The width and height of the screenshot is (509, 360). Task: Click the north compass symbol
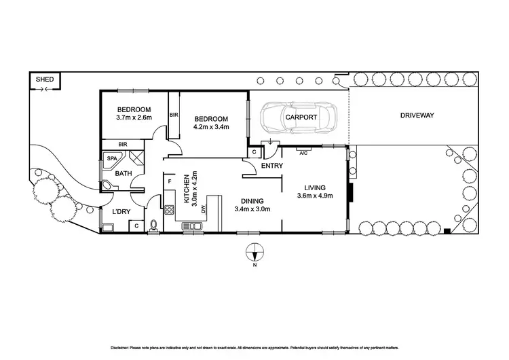[x=254, y=252]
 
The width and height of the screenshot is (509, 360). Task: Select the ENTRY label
[x=272, y=165]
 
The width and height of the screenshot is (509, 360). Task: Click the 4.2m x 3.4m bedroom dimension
[x=211, y=126]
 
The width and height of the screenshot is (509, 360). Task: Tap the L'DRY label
[x=121, y=213]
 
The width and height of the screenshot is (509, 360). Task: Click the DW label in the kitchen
[x=203, y=210]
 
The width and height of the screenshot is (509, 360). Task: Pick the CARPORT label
[x=301, y=117]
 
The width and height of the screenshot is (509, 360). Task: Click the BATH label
[x=123, y=174]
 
